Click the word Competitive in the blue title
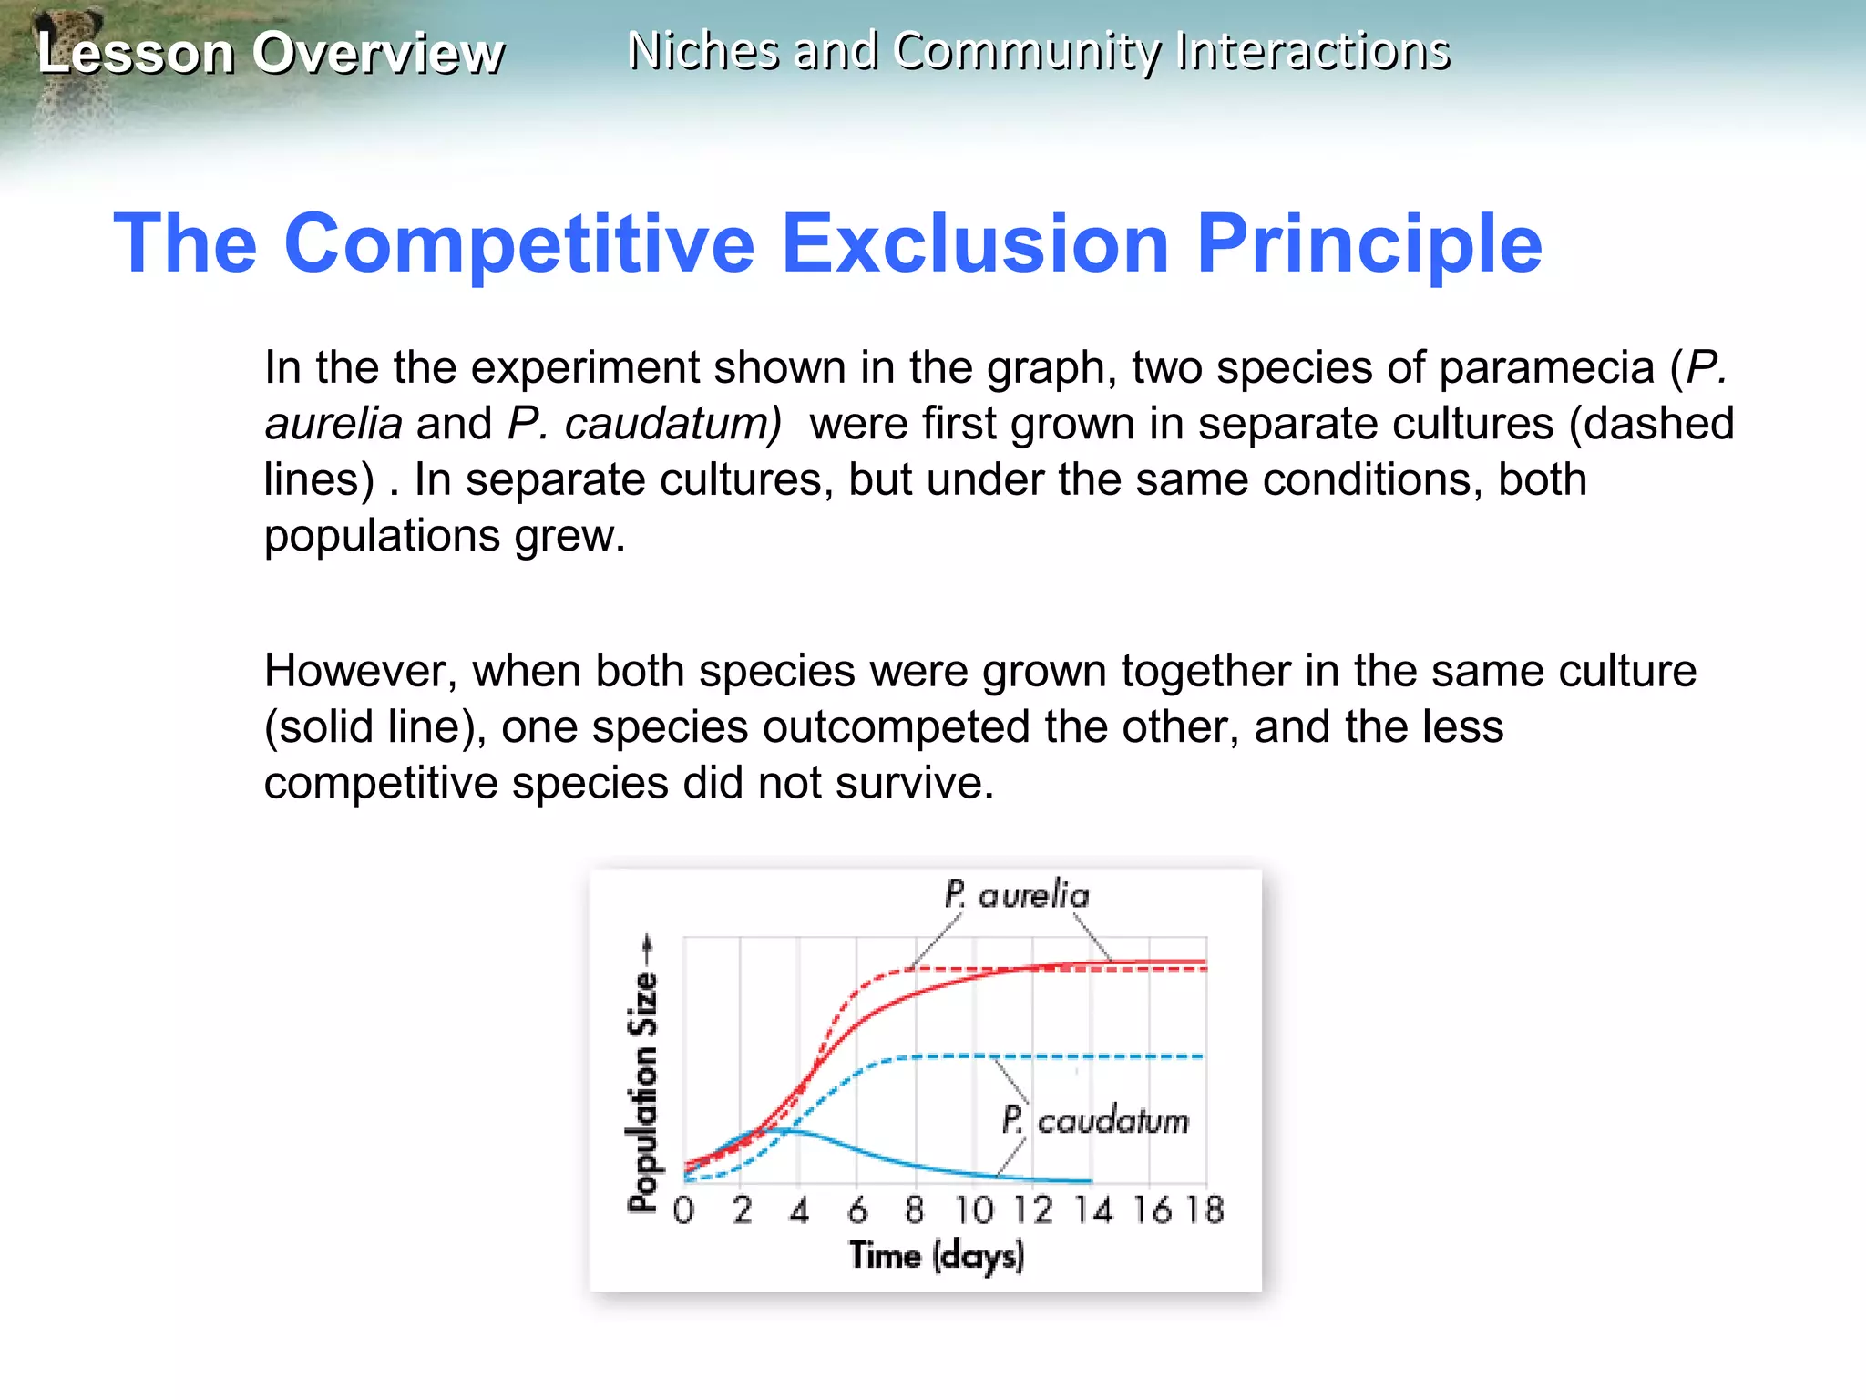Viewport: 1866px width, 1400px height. pos(519,243)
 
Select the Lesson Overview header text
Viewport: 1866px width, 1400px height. pos(270,53)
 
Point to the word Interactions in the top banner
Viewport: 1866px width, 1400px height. pos(1312,51)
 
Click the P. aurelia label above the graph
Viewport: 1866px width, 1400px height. pos(1017,895)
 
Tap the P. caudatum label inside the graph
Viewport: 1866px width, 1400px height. pos(1095,1120)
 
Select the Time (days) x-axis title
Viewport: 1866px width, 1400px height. pos(937,1256)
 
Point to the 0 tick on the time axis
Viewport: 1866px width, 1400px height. pos(683,1210)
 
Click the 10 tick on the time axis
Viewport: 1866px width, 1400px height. pos(974,1210)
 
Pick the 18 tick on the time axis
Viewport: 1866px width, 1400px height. pos(1205,1210)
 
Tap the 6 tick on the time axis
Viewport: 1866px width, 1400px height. pos(857,1210)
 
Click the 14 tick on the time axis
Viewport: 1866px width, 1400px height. pos(1092,1210)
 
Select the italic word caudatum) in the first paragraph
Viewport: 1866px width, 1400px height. pos(672,424)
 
